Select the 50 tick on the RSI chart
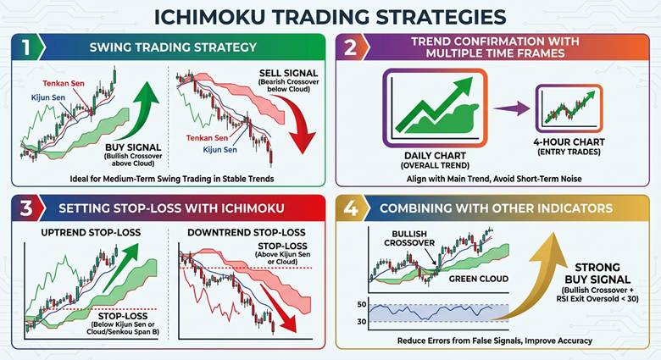(360, 304)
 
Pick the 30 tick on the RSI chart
(360, 321)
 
